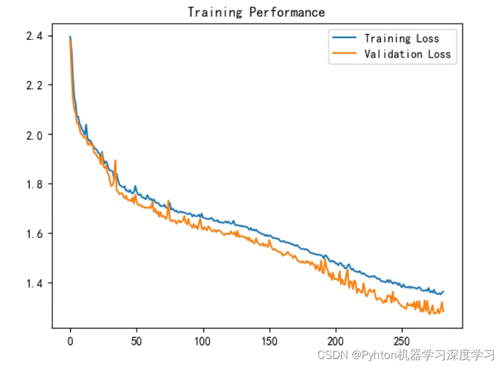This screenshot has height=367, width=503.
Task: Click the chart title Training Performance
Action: pyautogui.click(x=256, y=12)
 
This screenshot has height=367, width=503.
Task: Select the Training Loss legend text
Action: pyautogui.click(x=402, y=38)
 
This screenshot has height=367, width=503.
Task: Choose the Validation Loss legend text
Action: pyautogui.click(x=407, y=54)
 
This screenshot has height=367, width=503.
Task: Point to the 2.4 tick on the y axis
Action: pyautogui.click(x=34, y=36)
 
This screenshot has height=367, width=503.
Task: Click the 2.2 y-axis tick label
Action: pyautogui.click(x=34, y=85)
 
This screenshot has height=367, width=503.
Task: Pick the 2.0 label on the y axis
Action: pyautogui.click(x=34, y=135)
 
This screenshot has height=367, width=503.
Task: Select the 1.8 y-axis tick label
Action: pyautogui.click(x=34, y=184)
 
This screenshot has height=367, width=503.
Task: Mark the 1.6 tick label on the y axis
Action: pyautogui.click(x=34, y=234)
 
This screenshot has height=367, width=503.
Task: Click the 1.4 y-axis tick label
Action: pyautogui.click(x=34, y=283)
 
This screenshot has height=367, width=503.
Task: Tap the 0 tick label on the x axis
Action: pyautogui.click(x=70, y=341)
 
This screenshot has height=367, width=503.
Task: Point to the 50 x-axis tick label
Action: pyautogui.click(x=137, y=341)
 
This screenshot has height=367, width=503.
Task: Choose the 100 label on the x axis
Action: pyautogui.click(x=203, y=341)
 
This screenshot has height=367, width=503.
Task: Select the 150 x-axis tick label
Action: pyautogui.click(x=269, y=341)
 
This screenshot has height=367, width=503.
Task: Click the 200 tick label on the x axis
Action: pyautogui.click(x=336, y=341)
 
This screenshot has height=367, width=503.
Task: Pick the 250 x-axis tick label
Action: pyautogui.click(x=402, y=341)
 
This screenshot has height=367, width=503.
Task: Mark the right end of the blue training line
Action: pyautogui.click(x=443, y=291)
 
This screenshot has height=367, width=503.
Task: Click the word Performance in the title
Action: pyautogui.click(x=287, y=12)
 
